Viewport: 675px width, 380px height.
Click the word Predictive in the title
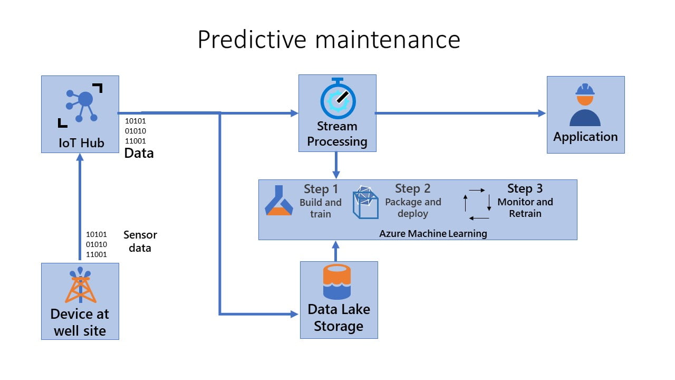point(252,40)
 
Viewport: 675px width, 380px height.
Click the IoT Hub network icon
point(81,106)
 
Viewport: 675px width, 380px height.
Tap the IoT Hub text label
point(81,143)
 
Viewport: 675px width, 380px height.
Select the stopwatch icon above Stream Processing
point(338,98)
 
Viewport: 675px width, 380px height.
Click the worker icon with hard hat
point(585,104)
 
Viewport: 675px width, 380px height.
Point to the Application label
point(585,137)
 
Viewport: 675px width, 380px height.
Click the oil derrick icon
point(80,284)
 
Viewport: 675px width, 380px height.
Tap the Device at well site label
point(80,322)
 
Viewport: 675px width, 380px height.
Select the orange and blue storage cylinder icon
point(336,281)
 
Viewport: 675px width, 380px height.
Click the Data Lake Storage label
point(339,318)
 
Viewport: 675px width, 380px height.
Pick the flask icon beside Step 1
point(279,200)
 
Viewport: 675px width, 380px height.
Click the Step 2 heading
point(412,188)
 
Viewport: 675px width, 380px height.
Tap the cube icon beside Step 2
point(365,202)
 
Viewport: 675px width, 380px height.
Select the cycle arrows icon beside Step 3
point(477,204)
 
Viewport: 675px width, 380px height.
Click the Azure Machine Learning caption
point(433,234)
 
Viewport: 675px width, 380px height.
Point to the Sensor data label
point(140,241)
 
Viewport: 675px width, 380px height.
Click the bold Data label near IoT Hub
point(139,153)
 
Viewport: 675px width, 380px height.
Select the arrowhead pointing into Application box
point(542,113)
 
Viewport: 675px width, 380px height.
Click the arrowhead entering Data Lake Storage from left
point(294,314)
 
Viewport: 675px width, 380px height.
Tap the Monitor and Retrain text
point(525,207)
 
